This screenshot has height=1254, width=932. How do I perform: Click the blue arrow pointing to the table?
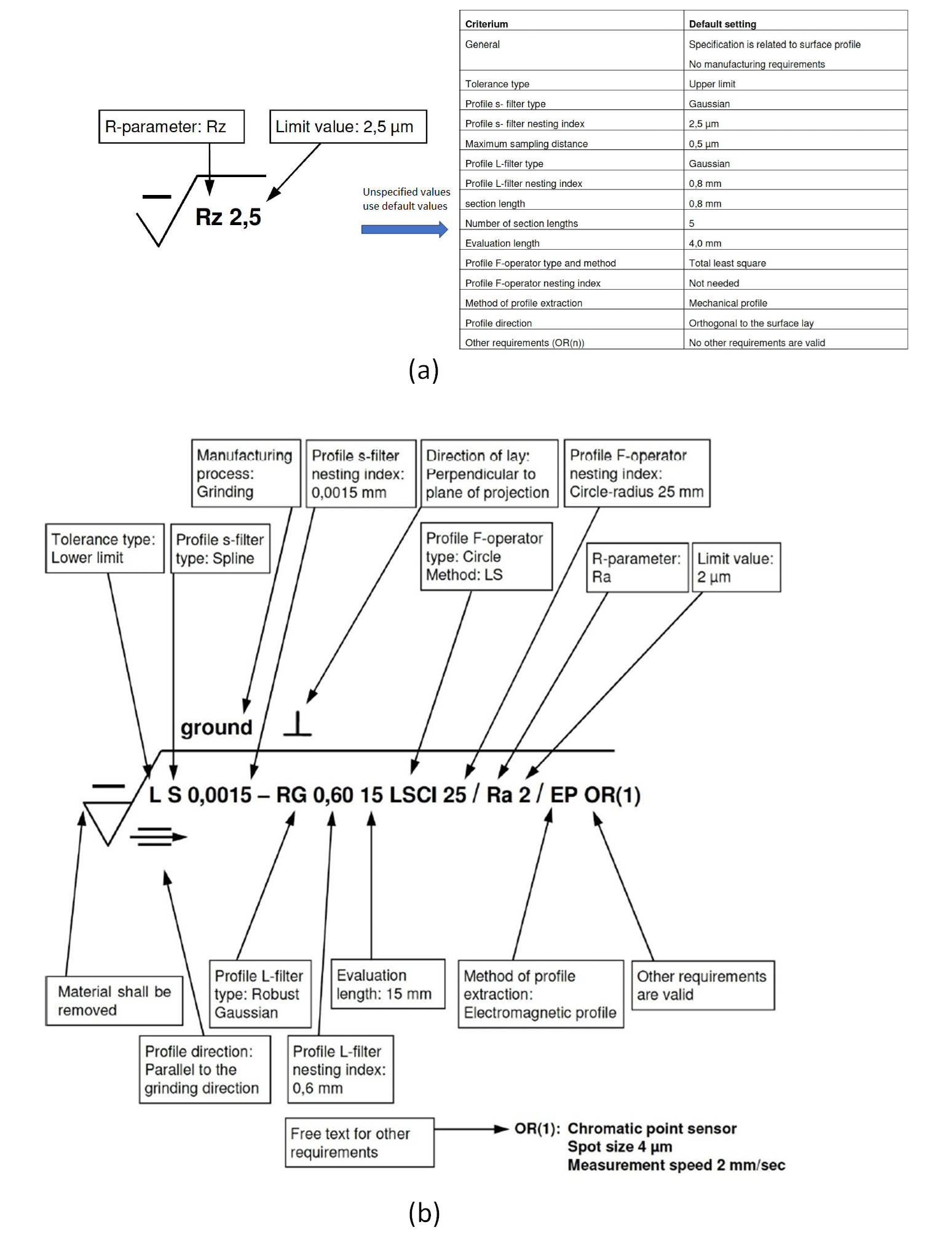pyautogui.click(x=405, y=229)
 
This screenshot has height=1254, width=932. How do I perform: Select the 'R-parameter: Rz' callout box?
pyautogui.click(x=172, y=127)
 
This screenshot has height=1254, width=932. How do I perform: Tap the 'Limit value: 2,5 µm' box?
pyautogui.click(x=348, y=127)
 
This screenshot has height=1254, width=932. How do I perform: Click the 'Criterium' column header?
pyautogui.click(x=486, y=24)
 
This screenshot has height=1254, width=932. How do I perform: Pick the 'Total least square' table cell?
pyautogui.click(x=727, y=263)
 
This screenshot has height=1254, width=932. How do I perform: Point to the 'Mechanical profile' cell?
pyautogui.click(x=728, y=303)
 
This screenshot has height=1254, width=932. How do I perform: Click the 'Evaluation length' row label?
pyautogui.click(x=502, y=244)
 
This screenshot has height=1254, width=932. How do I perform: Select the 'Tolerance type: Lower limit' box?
pyautogui.click(x=105, y=549)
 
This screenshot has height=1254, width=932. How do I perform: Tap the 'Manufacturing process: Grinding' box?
pyautogui.click(x=246, y=473)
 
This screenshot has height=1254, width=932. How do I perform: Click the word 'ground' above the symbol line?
pyautogui.click(x=216, y=728)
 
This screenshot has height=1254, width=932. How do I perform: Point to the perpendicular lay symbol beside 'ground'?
pyautogui.click(x=298, y=724)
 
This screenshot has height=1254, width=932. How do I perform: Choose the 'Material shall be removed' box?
pyautogui.click(x=114, y=1001)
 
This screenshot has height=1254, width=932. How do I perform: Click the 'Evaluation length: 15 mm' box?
pyautogui.click(x=388, y=984)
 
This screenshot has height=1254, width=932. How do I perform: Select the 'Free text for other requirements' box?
pyautogui.click(x=360, y=1143)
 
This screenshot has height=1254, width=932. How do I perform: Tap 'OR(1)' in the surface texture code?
pyautogui.click(x=612, y=795)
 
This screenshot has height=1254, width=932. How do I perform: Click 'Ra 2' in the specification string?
pyautogui.click(x=508, y=795)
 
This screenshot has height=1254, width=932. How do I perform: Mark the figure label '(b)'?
pyautogui.click(x=424, y=1213)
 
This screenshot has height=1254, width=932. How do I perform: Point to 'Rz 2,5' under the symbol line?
pyautogui.click(x=228, y=217)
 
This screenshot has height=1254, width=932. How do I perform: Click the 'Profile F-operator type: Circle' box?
pyautogui.click(x=486, y=557)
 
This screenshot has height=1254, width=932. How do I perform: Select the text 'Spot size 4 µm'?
pyautogui.click(x=620, y=1147)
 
